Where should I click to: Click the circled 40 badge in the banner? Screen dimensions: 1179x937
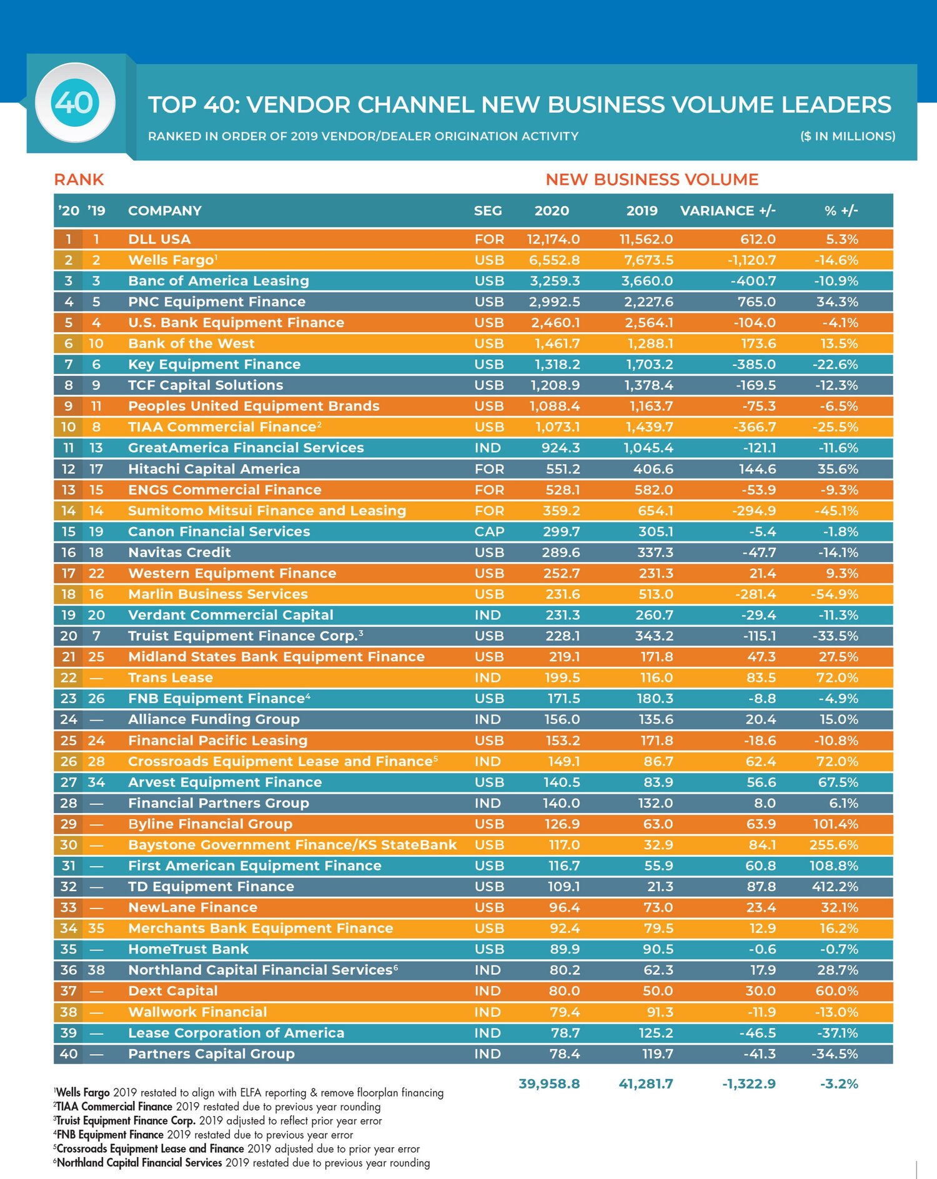click(75, 103)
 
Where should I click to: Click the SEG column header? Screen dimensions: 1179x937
click(488, 211)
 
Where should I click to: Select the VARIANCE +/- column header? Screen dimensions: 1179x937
click(728, 211)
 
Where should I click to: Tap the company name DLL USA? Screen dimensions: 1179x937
click(159, 239)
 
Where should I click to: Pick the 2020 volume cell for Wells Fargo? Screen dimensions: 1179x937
click(554, 260)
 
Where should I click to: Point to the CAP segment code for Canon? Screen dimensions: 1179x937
click(488, 531)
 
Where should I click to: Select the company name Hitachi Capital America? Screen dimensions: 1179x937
click(214, 469)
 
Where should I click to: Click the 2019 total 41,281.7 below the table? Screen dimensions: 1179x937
click(646, 1084)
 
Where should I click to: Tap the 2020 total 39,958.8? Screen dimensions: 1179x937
click(549, 1084)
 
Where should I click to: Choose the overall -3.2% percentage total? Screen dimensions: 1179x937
click(839, 1084)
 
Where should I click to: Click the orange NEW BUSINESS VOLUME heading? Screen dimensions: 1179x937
click(652, 180)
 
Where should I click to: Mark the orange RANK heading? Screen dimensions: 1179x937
click(79, 180)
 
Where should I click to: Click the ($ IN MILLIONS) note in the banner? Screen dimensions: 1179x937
click(848, 136)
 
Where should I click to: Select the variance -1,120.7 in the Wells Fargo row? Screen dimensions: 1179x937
click(751, 260)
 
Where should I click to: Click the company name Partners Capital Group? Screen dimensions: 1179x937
click(211, 1054)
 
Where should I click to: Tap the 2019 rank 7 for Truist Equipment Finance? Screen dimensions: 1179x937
click(96, 636)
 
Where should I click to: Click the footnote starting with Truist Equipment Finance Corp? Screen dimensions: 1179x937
click(219, 1120)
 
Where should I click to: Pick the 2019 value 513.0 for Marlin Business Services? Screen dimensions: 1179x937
click(654, 594)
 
